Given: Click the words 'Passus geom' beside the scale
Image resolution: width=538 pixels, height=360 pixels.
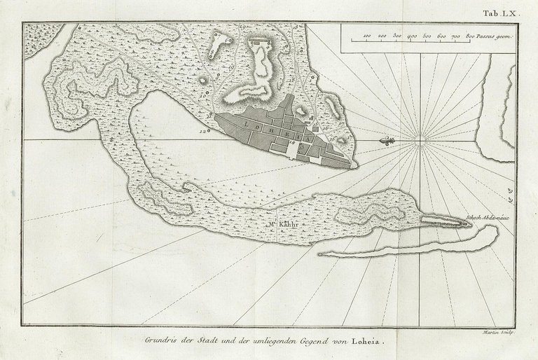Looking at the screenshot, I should pos(496,34).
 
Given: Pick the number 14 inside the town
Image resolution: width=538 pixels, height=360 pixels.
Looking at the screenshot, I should pos(291,142).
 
